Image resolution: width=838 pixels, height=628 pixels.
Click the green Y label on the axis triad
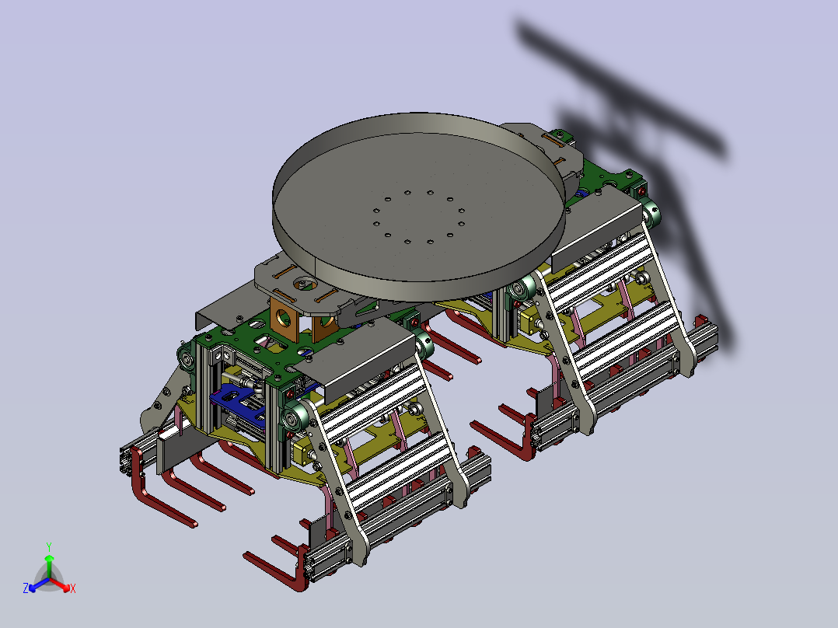49,546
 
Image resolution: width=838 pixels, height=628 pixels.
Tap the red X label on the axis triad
73,588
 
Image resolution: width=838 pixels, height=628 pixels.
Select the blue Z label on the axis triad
26,588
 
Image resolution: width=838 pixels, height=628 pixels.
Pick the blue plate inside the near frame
238,402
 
